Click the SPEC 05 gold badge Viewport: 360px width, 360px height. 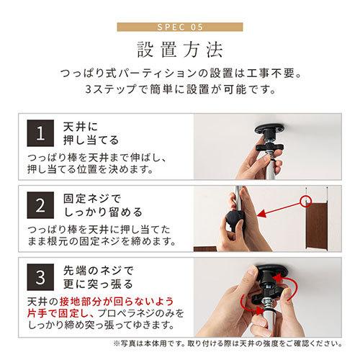(x=180, y=28)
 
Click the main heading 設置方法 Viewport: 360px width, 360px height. (x=180, y=53)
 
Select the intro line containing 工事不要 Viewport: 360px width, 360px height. (x=180, y=75)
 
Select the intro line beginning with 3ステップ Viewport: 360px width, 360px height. (x=180, y=92)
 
